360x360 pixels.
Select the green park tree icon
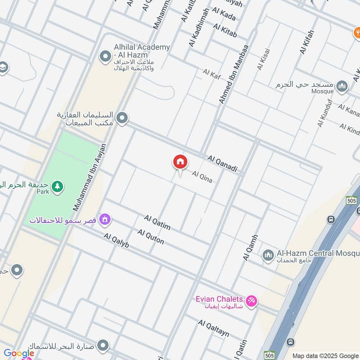click(x=57, y=186)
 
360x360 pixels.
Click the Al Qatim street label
click(x=157, y=222)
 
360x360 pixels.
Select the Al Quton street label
click(x=151, y=237)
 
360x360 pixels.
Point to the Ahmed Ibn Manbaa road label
click(x=234, y=74)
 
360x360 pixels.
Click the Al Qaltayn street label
click(x=214, y=328)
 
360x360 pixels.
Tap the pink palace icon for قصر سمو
click(x=105, y=220)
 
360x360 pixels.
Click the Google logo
click(x=18, y=353)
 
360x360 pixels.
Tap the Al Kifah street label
click(x=307, y=42)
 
